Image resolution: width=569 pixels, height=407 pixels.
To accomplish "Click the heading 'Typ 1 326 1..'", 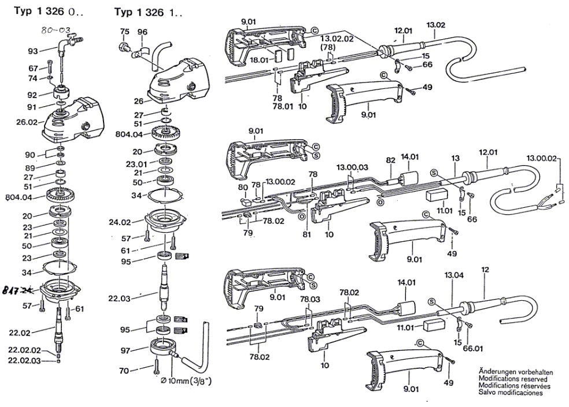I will coord(148,12).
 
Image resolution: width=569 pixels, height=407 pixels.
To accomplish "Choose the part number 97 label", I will coord(125,350).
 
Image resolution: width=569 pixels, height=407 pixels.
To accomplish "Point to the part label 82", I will coord(390,160).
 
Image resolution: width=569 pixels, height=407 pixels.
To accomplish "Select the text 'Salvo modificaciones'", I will coord(511,393).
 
